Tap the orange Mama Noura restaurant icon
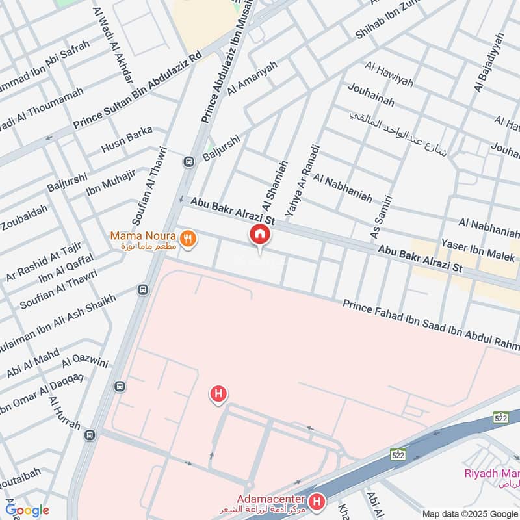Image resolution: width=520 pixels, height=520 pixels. coord(188,239)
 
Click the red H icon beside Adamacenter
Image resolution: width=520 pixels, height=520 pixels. coord(316,502)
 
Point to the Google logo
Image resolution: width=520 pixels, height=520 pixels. coord(27,510)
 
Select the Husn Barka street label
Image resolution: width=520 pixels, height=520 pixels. coord(126,140)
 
